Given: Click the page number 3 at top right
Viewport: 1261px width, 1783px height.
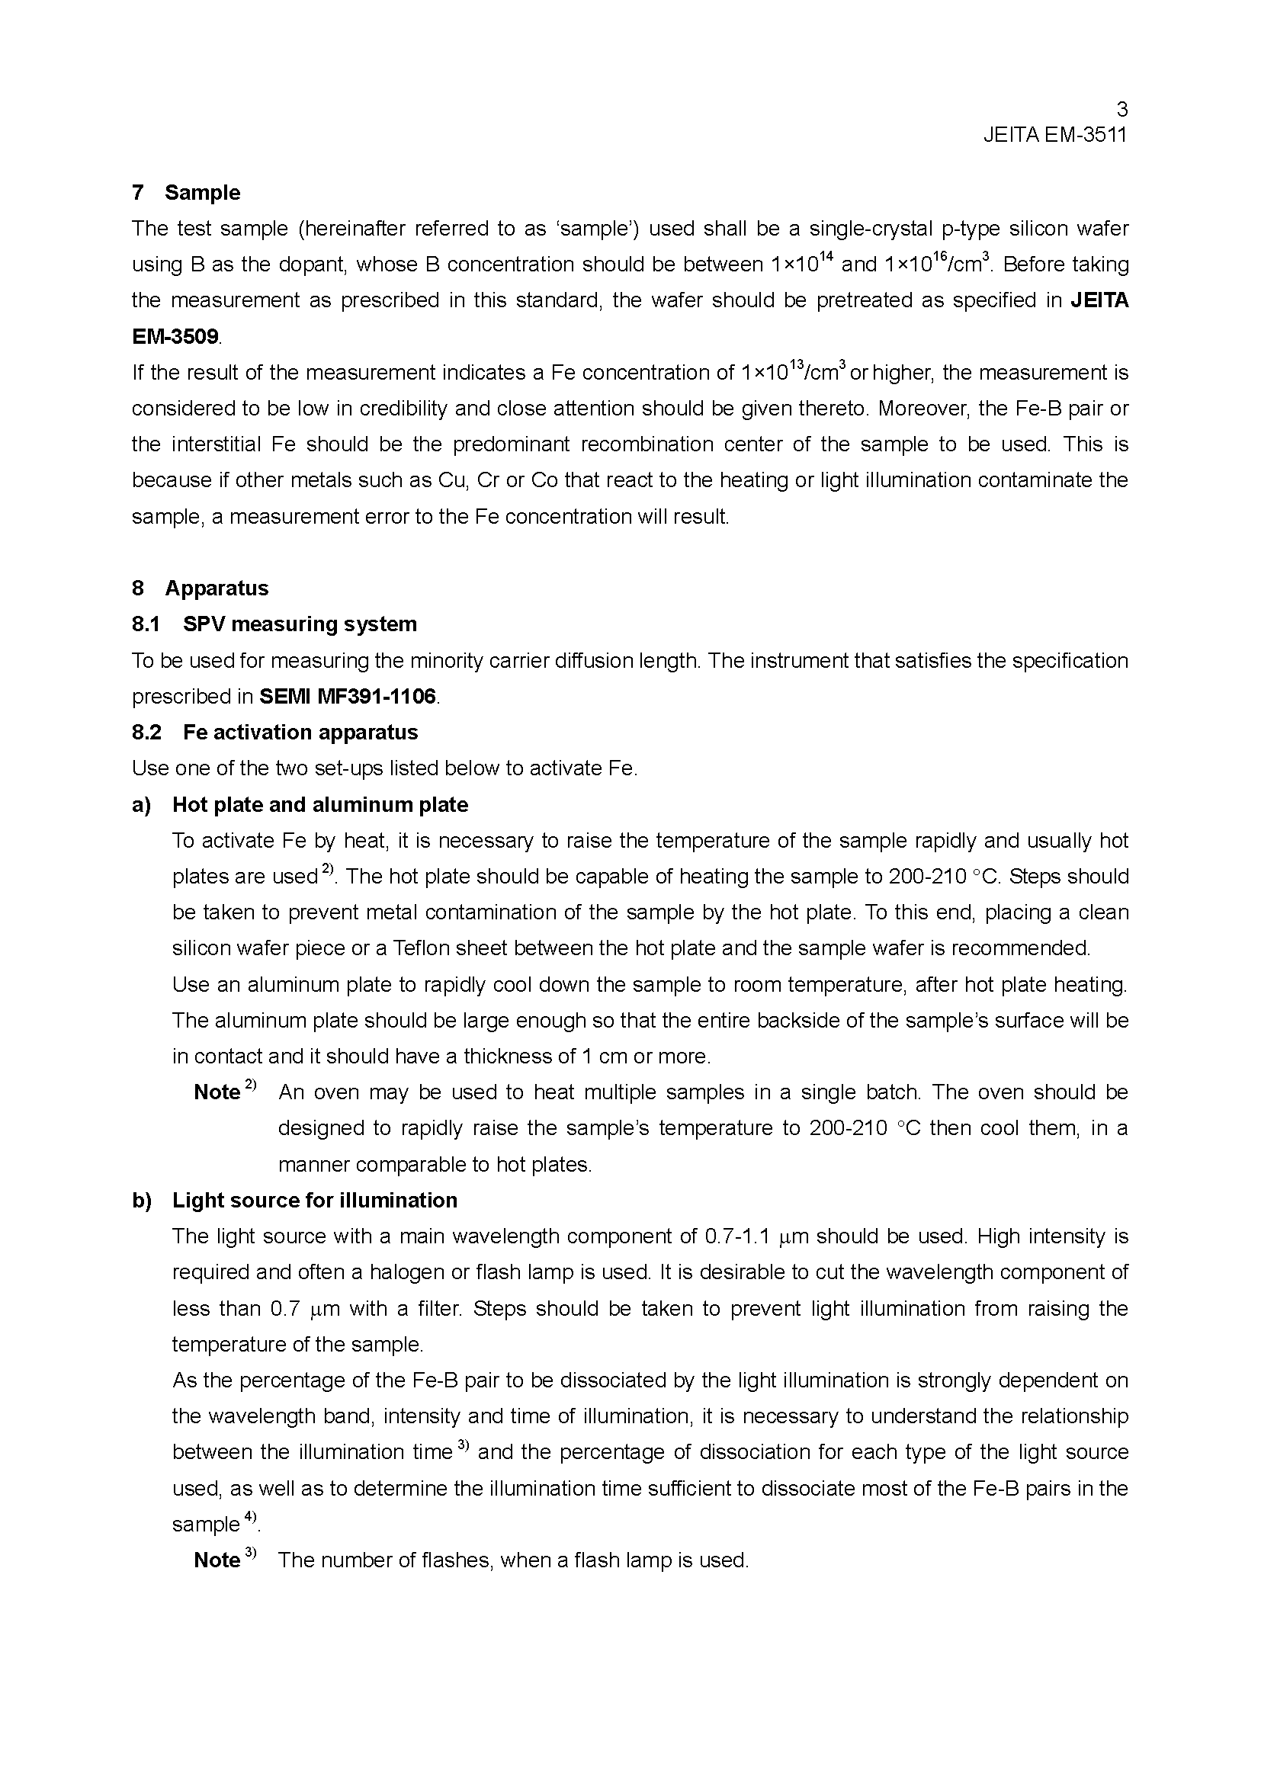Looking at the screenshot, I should pyautogui.click(x=1121, y=110).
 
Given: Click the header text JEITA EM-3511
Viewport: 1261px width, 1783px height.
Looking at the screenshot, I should pyautogui.click(x=1054, y=135).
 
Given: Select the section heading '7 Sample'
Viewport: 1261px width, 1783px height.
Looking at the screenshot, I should pyautogui.click(x=186, y=193).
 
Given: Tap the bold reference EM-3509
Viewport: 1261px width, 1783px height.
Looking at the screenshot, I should pyautogui.click(x=175, y=336).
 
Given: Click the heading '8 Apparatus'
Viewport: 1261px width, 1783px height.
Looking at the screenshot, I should pyautogui.click(x=201, y=588).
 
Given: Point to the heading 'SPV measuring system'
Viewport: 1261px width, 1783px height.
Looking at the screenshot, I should pyautogui.click(x=300, y=624).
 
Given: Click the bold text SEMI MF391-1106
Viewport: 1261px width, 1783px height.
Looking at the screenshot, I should pyautogui.click(x=347, y=696).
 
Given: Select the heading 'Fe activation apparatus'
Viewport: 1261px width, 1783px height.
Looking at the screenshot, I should pyautogui.click(x=300, y=732).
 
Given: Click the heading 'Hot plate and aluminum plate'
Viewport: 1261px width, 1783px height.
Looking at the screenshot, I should pyautogui.click(x=320, y=804).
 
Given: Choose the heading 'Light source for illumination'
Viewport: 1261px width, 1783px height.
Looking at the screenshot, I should pyautogui.click(x=314, y=1200).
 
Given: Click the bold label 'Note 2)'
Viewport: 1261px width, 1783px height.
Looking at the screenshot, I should pyautogui.click(x=223, y=1091).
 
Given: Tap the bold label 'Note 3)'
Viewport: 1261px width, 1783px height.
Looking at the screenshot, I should pyautogui.click(x=223, y=1560).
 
